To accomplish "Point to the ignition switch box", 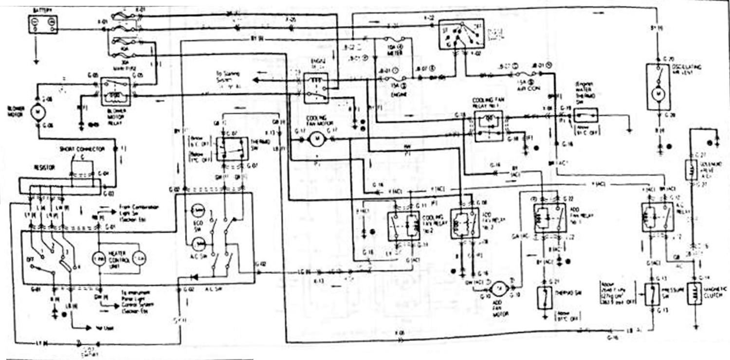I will (461, 34).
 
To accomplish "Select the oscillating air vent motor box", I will (658, 86).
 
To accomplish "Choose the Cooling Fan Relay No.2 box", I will (403, 226).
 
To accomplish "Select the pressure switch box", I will (652, 294).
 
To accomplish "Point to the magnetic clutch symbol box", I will (694, 293).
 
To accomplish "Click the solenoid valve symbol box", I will (692, 170).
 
